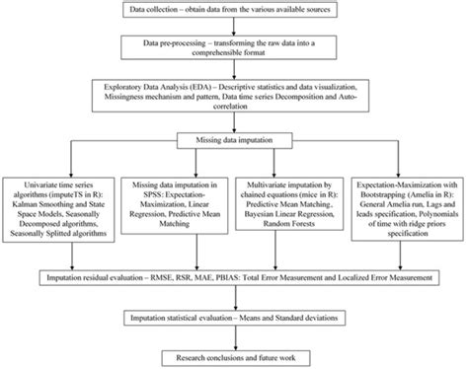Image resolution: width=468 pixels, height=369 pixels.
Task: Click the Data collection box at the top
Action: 234,11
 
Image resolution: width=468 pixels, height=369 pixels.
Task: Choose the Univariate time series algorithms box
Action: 60,208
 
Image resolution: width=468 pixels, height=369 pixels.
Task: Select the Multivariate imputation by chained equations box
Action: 290,208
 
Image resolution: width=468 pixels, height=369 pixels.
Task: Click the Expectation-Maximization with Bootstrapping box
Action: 407,208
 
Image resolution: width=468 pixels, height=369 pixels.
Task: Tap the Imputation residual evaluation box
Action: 234,279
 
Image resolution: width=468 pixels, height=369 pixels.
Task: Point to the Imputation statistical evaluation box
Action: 234,319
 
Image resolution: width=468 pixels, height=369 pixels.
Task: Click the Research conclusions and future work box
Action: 234,354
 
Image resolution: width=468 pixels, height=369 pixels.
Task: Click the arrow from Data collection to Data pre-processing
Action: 234,29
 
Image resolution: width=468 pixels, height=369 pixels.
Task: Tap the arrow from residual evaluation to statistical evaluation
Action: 234,299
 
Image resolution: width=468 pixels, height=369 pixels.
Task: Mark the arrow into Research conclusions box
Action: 234,337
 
